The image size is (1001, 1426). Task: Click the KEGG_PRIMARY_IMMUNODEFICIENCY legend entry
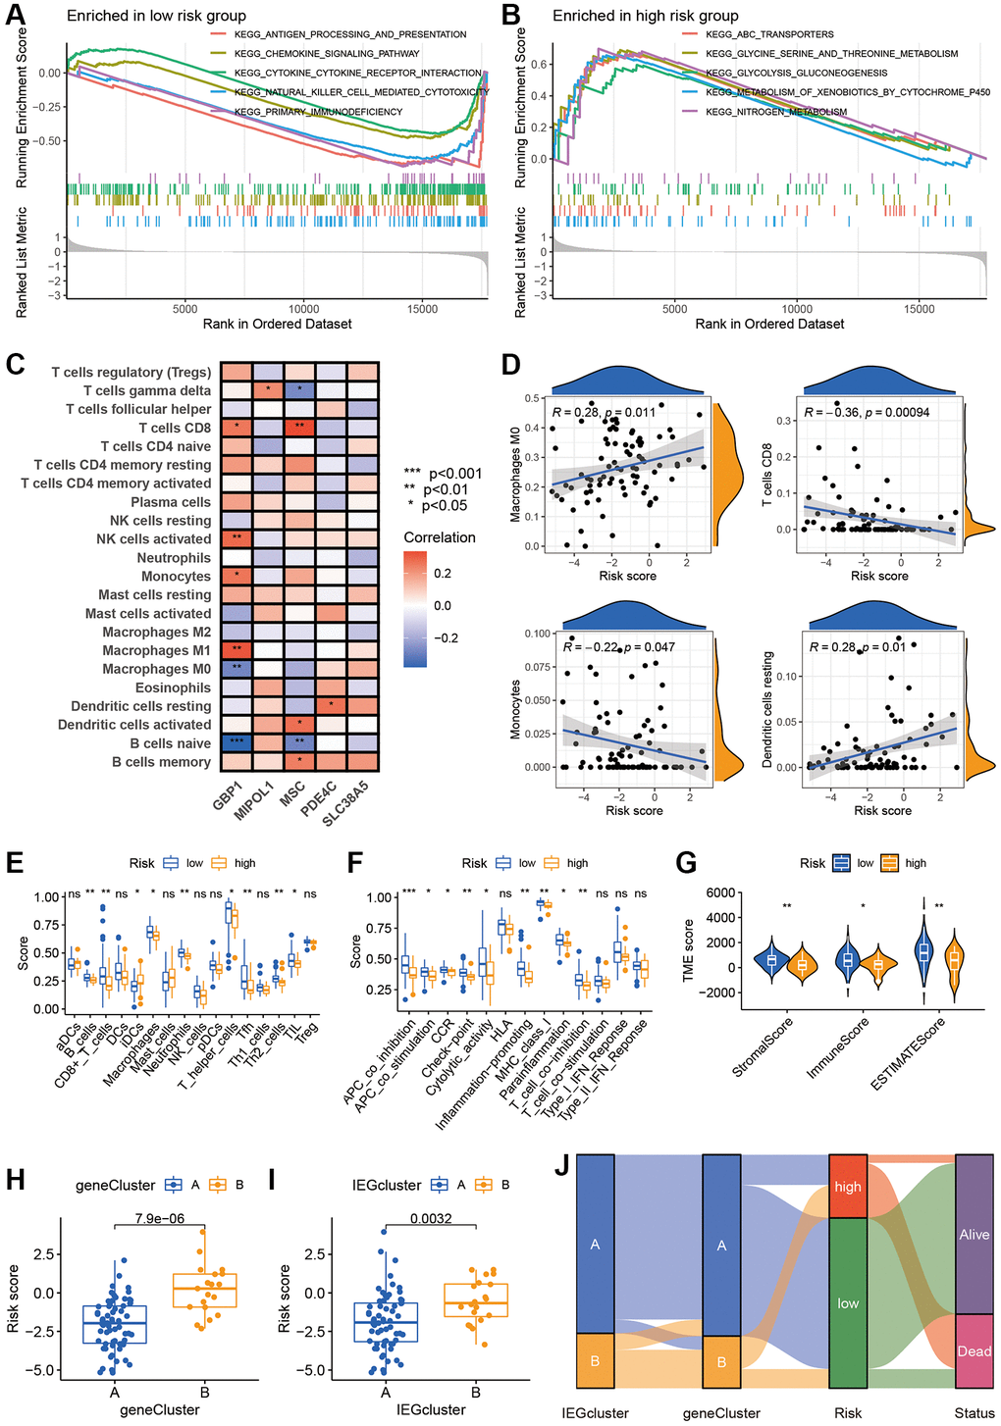coord(318,112)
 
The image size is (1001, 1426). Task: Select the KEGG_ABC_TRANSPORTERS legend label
coord(769,34)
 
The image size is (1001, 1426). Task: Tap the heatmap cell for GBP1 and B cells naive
coord(237,743)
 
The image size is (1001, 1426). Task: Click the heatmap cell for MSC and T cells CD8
coord(299,428)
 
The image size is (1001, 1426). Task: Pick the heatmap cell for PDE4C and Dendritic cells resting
coord(331,706)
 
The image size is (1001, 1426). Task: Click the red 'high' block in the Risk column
coord(848,1186)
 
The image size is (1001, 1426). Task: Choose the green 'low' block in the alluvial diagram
coord(848,1302)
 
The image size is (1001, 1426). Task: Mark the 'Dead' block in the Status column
coord(974,1351)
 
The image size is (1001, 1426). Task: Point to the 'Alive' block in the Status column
coord(974,1235)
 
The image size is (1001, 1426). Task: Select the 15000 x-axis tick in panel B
coord(919,309)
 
